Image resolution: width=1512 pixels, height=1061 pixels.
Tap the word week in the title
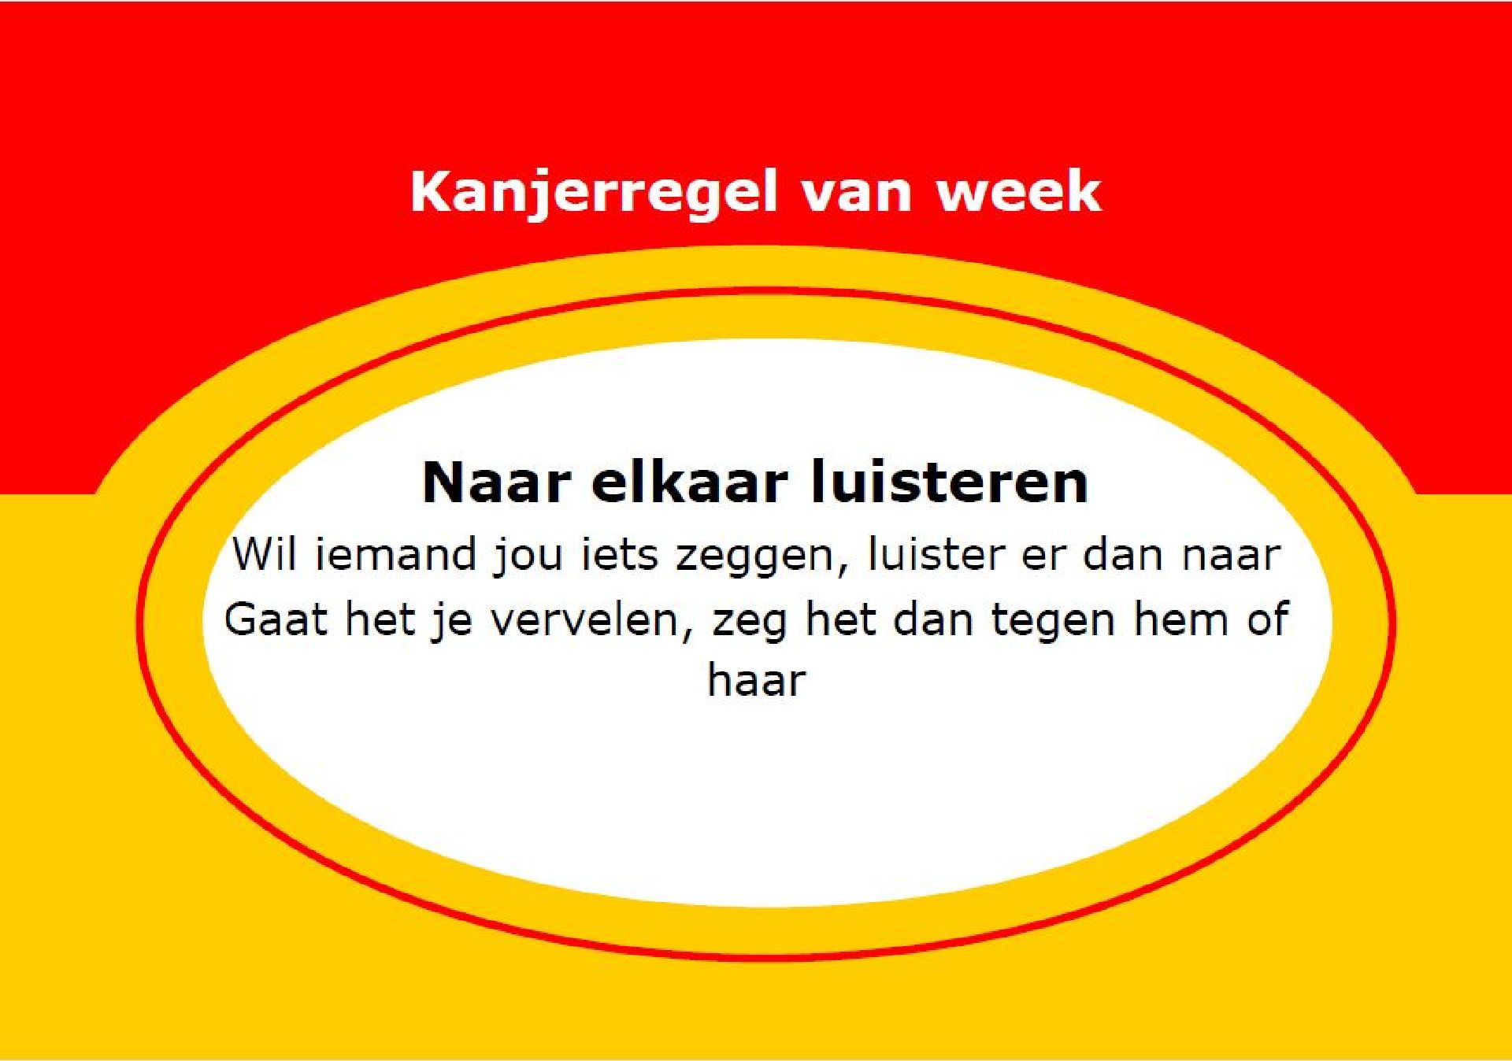1018,192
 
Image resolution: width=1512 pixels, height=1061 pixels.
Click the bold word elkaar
689,482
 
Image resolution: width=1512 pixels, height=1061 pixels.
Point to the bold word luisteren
951,482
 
